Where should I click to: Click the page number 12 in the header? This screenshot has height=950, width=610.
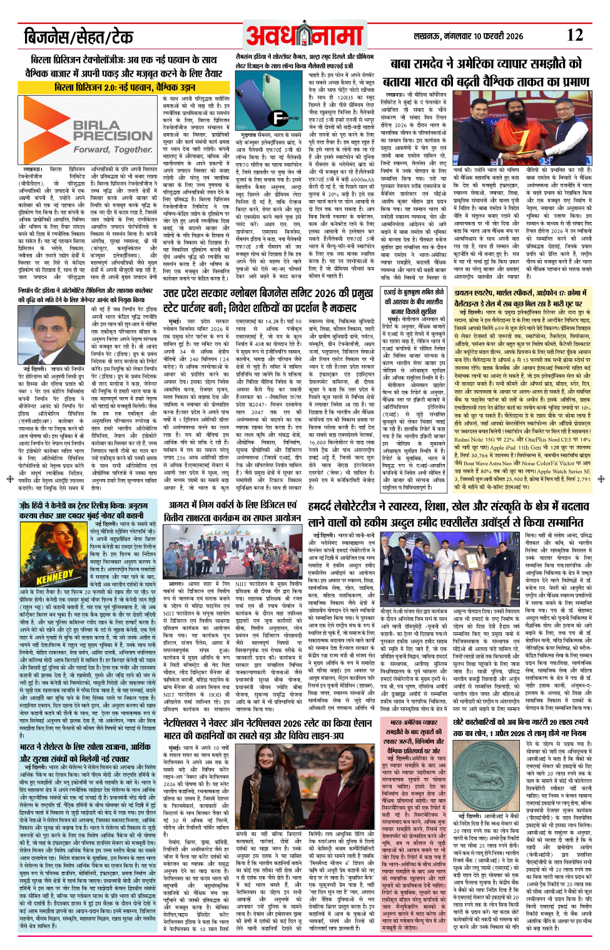tap(574, 35)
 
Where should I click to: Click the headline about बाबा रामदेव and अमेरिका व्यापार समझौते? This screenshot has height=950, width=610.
tap(486, 72)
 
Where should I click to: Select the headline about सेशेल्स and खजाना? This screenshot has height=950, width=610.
tap(85, 753)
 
